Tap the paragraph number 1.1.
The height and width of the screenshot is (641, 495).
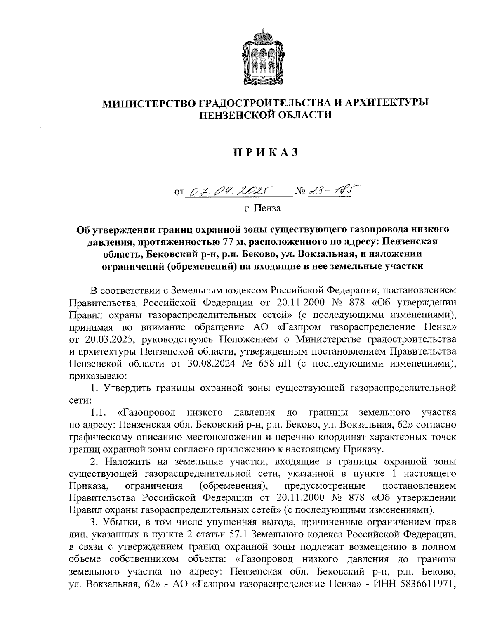tap(99, 412)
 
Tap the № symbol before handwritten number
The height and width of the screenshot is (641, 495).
tap(301, 191)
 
